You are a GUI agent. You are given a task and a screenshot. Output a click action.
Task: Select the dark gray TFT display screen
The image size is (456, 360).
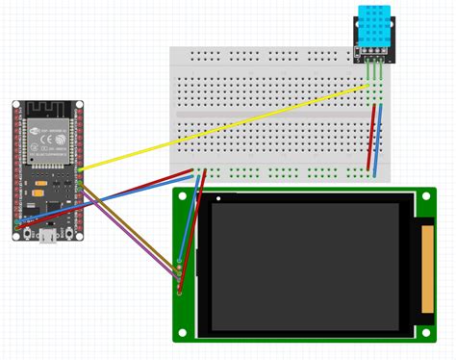pyautogui.click(x=304, y=264)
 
